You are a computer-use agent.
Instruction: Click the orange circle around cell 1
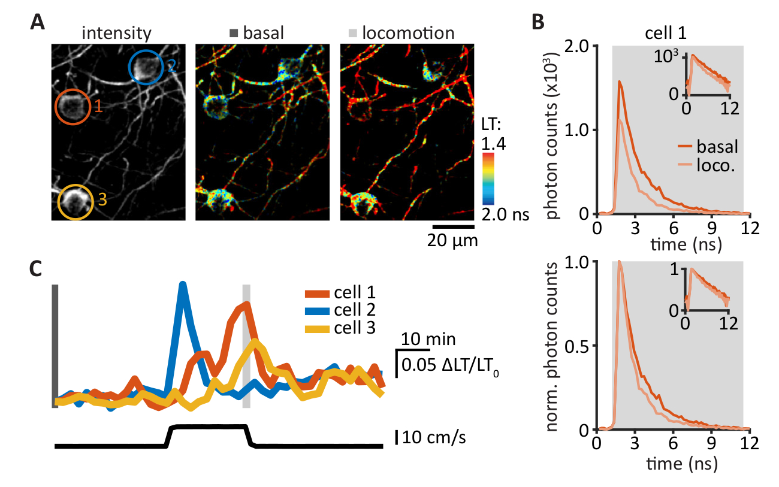click(73, 107)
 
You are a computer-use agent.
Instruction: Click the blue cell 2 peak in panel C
click(183, 285)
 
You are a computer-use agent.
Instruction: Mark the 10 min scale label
click(429, 340)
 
